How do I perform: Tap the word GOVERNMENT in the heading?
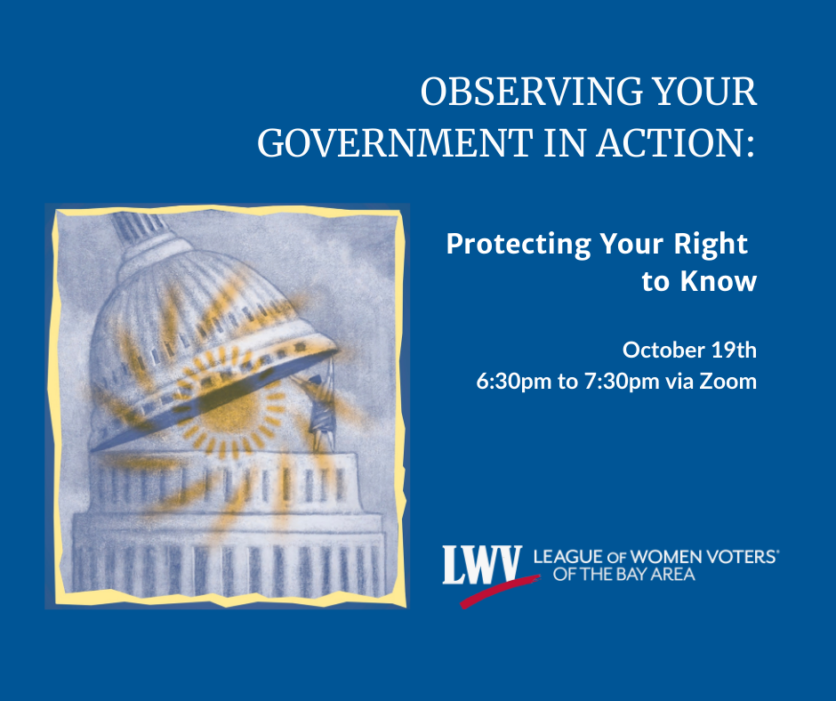[395, 143]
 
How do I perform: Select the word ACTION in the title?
[671, 143]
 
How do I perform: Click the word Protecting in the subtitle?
[518, 245]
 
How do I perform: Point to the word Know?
[719, 280]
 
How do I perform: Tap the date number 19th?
[734, 350]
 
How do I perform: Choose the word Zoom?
[728, 382]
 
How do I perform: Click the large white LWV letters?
[482, 564]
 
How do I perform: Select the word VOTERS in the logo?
[741, 557]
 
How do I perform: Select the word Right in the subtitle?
[711, 245]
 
